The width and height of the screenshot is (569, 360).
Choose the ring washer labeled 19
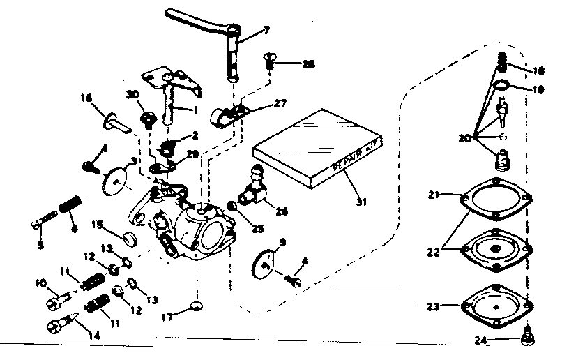click(499, 87)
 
